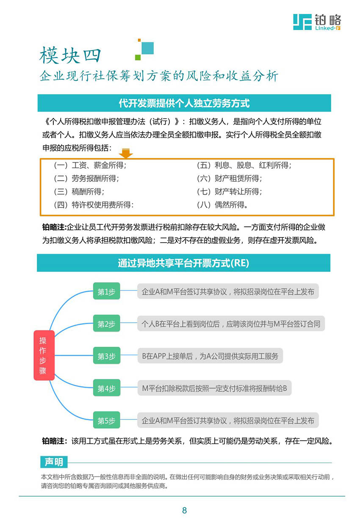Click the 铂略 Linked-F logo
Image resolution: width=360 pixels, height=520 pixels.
coord(317,22)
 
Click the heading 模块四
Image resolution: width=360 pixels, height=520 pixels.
coord(70,55)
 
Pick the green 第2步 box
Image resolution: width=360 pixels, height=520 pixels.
coord(106,324)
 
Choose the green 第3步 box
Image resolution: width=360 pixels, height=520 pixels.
coord(106,356)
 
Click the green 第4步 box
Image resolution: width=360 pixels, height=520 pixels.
coord(106,388)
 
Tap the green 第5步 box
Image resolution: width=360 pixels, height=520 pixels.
coord(106,420)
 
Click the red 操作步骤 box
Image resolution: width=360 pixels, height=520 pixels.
coord(44,355)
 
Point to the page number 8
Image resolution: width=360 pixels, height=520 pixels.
coord(184,511)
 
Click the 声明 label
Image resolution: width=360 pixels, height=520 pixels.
coord(54,462)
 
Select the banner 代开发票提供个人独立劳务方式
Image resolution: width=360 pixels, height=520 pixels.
coord(184,103)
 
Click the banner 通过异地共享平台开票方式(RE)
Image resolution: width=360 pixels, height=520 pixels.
coord(183,263)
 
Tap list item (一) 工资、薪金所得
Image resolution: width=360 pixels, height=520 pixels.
coord(90,165)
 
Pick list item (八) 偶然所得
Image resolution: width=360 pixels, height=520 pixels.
coord(222,205)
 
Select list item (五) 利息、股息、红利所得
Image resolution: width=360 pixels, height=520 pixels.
coord(244,165)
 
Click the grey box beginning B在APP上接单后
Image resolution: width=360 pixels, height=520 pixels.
coord(210,356)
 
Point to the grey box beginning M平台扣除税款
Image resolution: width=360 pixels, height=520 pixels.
coord(214,388)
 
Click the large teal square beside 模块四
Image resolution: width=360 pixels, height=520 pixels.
coord(147,48)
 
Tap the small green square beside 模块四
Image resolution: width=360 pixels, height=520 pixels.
coord(138,57)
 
